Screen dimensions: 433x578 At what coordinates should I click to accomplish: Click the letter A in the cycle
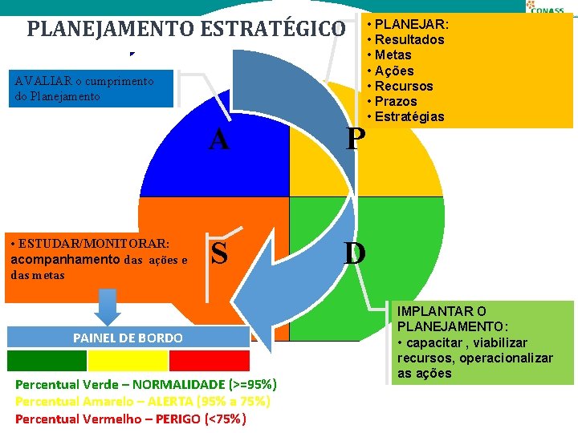(x=218, y=140)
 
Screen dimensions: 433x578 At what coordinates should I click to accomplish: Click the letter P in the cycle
(x=355, y=140)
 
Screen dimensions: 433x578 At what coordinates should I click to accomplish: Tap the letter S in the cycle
(x=218, y=253)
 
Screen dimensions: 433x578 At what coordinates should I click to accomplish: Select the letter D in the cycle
(x=355, y=253)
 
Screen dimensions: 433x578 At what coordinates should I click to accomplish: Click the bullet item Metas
(x=393, y=55)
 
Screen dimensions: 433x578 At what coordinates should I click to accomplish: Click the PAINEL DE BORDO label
(x=128, y=338)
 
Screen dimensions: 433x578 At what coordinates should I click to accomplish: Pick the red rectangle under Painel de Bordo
(x=209, y=359)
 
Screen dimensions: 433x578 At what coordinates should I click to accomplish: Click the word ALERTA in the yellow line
(x=161, y=401)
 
